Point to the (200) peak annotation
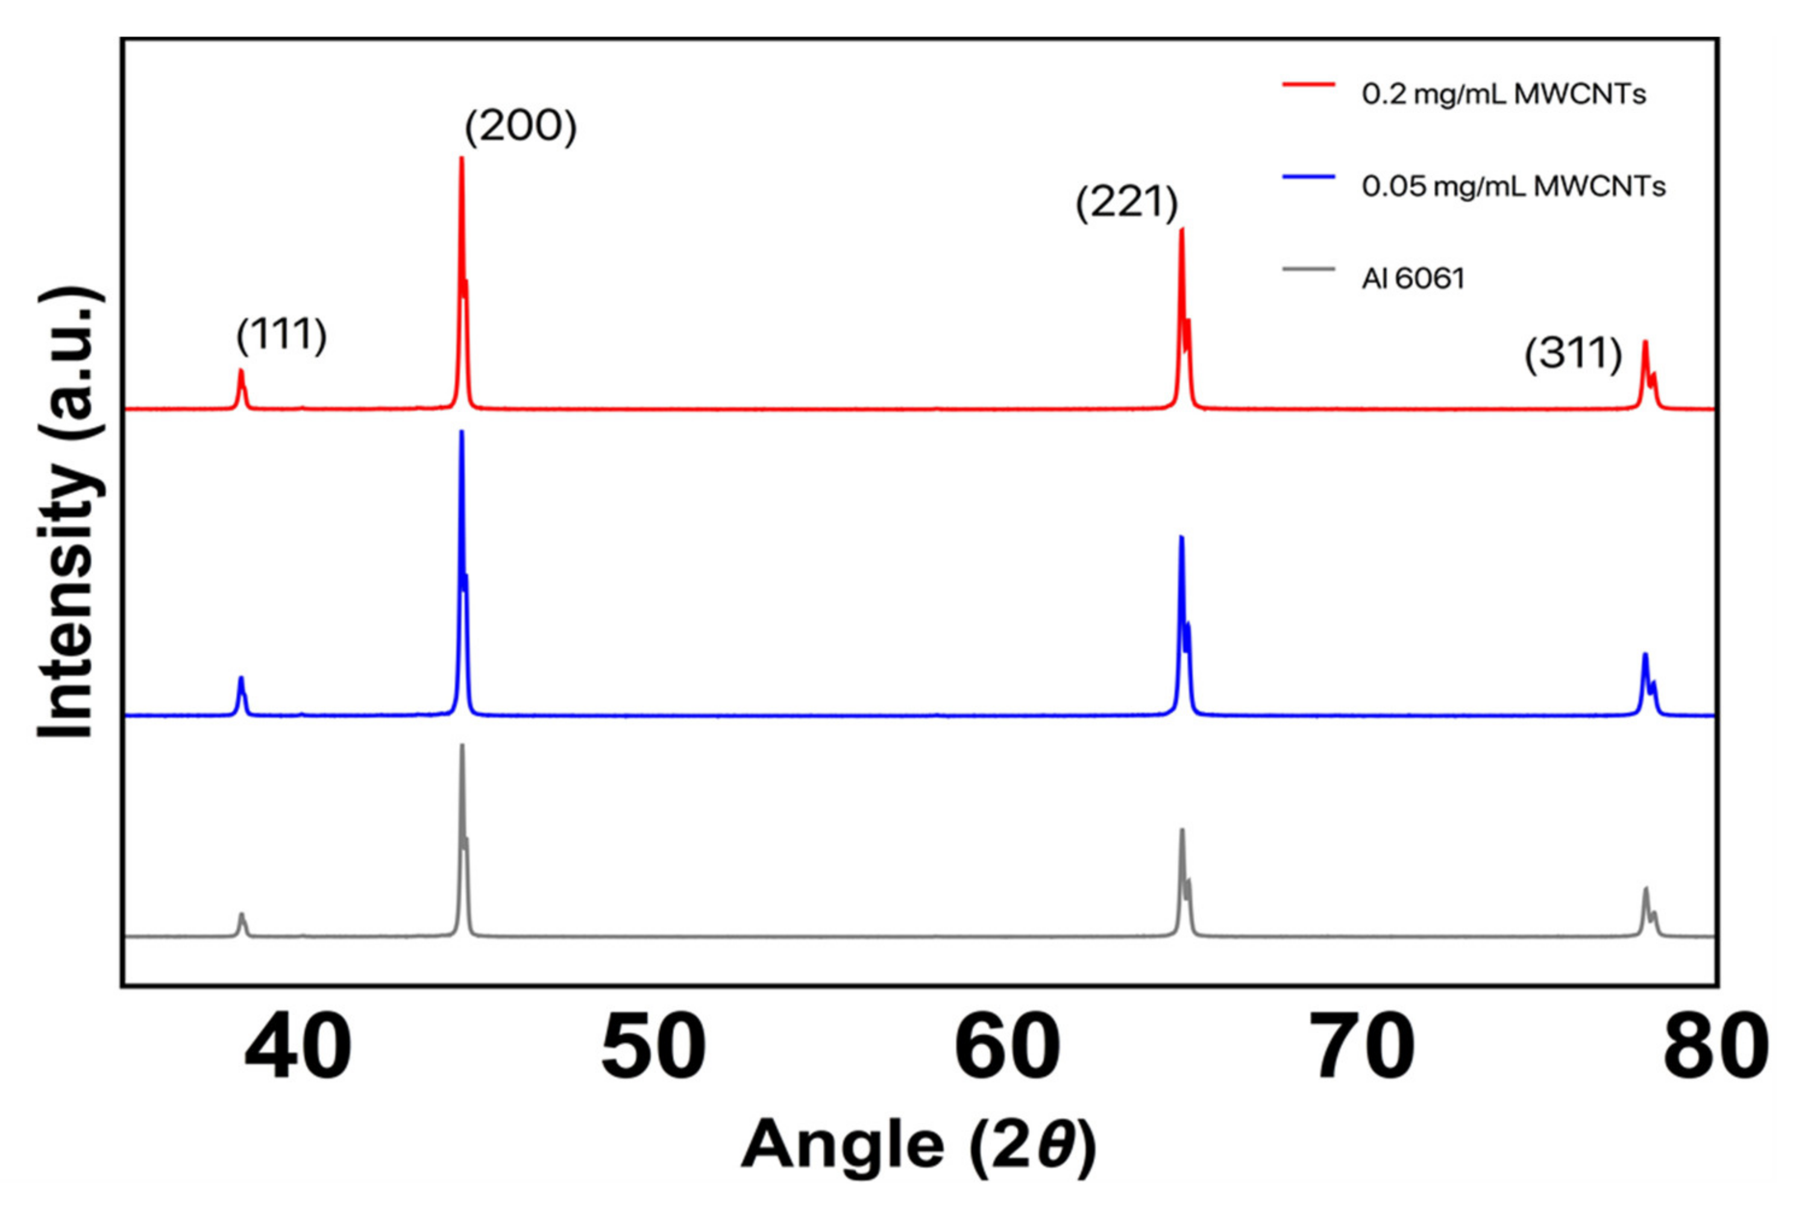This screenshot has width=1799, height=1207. click(x=521, y=127)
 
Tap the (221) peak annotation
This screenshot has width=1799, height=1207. click(x=1126, y=204)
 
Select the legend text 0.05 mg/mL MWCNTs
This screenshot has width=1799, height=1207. click(x=1513, y=186)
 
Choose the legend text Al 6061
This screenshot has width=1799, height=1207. click(x=1413, y=278)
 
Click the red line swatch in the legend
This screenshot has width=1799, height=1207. click(x=1308, y=84)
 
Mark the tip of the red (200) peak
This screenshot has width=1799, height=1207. click(x=461, y=159)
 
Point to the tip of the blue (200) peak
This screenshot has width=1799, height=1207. click(x=461, y=432)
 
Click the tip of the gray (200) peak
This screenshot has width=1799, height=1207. click(x=462, y=746)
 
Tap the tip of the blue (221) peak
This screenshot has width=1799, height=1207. click(x=1181, y=537)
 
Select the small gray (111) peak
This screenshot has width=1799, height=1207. click(x=242, y=915)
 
